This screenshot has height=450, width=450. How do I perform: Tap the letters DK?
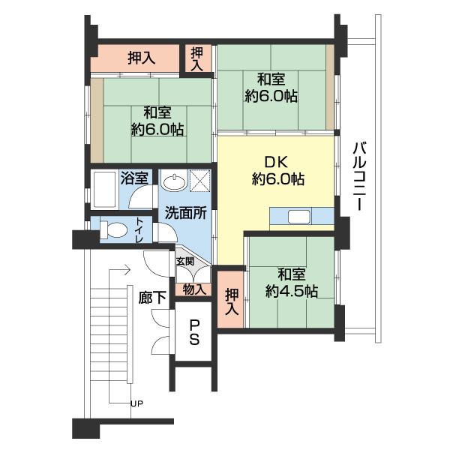[277, 160]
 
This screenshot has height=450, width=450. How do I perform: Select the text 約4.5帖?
[291, 291]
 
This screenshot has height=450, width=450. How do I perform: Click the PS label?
[193, 333]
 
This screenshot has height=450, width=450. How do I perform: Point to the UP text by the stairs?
[136, 404]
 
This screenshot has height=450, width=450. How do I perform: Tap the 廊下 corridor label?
[153, 297]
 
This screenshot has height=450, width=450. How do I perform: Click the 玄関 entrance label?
[184, 262]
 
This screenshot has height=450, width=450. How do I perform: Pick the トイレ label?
[140, 229]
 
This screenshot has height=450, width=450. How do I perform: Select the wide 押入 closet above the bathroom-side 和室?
[139, 57]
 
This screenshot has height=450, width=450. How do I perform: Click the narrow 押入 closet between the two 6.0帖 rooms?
[197, 58]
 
